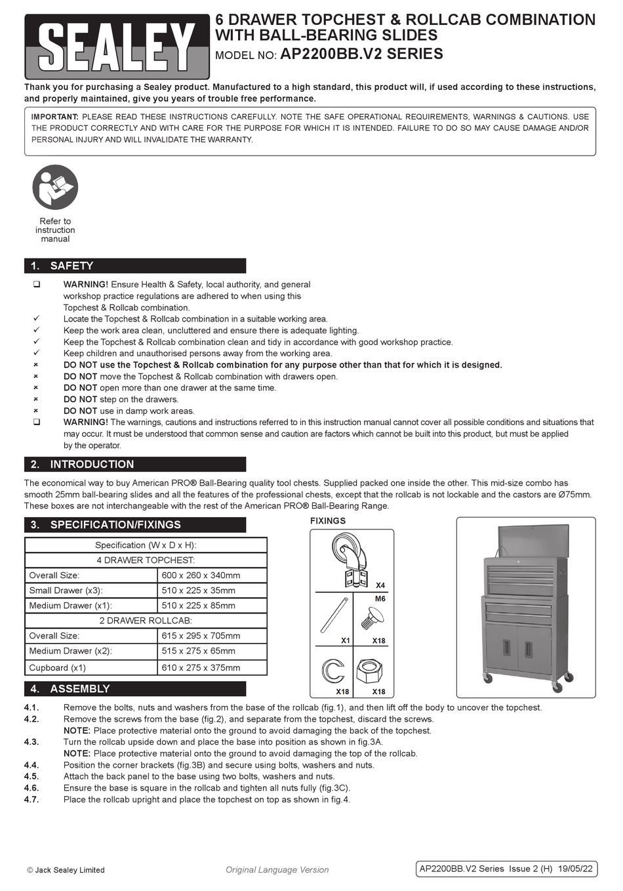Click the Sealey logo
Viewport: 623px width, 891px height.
pos(117,47)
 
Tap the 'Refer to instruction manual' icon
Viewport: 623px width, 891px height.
pos(55,187)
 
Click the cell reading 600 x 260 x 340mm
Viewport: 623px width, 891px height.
pos(201,575)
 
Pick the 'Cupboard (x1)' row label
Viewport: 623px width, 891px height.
pos(58,668)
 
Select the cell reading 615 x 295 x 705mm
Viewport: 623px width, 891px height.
pos(201,636)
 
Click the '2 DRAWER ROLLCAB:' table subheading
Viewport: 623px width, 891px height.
pos(146,621)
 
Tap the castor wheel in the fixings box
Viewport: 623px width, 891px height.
pos(349,559)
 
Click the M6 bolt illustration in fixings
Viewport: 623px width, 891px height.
pos(372,618)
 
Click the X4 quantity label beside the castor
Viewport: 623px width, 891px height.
pos(380,585)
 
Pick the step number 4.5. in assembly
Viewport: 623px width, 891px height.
pos(31,777)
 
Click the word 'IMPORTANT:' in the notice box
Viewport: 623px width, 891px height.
pos(55,117)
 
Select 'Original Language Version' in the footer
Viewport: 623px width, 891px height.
pos(277,870)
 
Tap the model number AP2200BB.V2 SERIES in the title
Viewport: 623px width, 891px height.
pos(362,54)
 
